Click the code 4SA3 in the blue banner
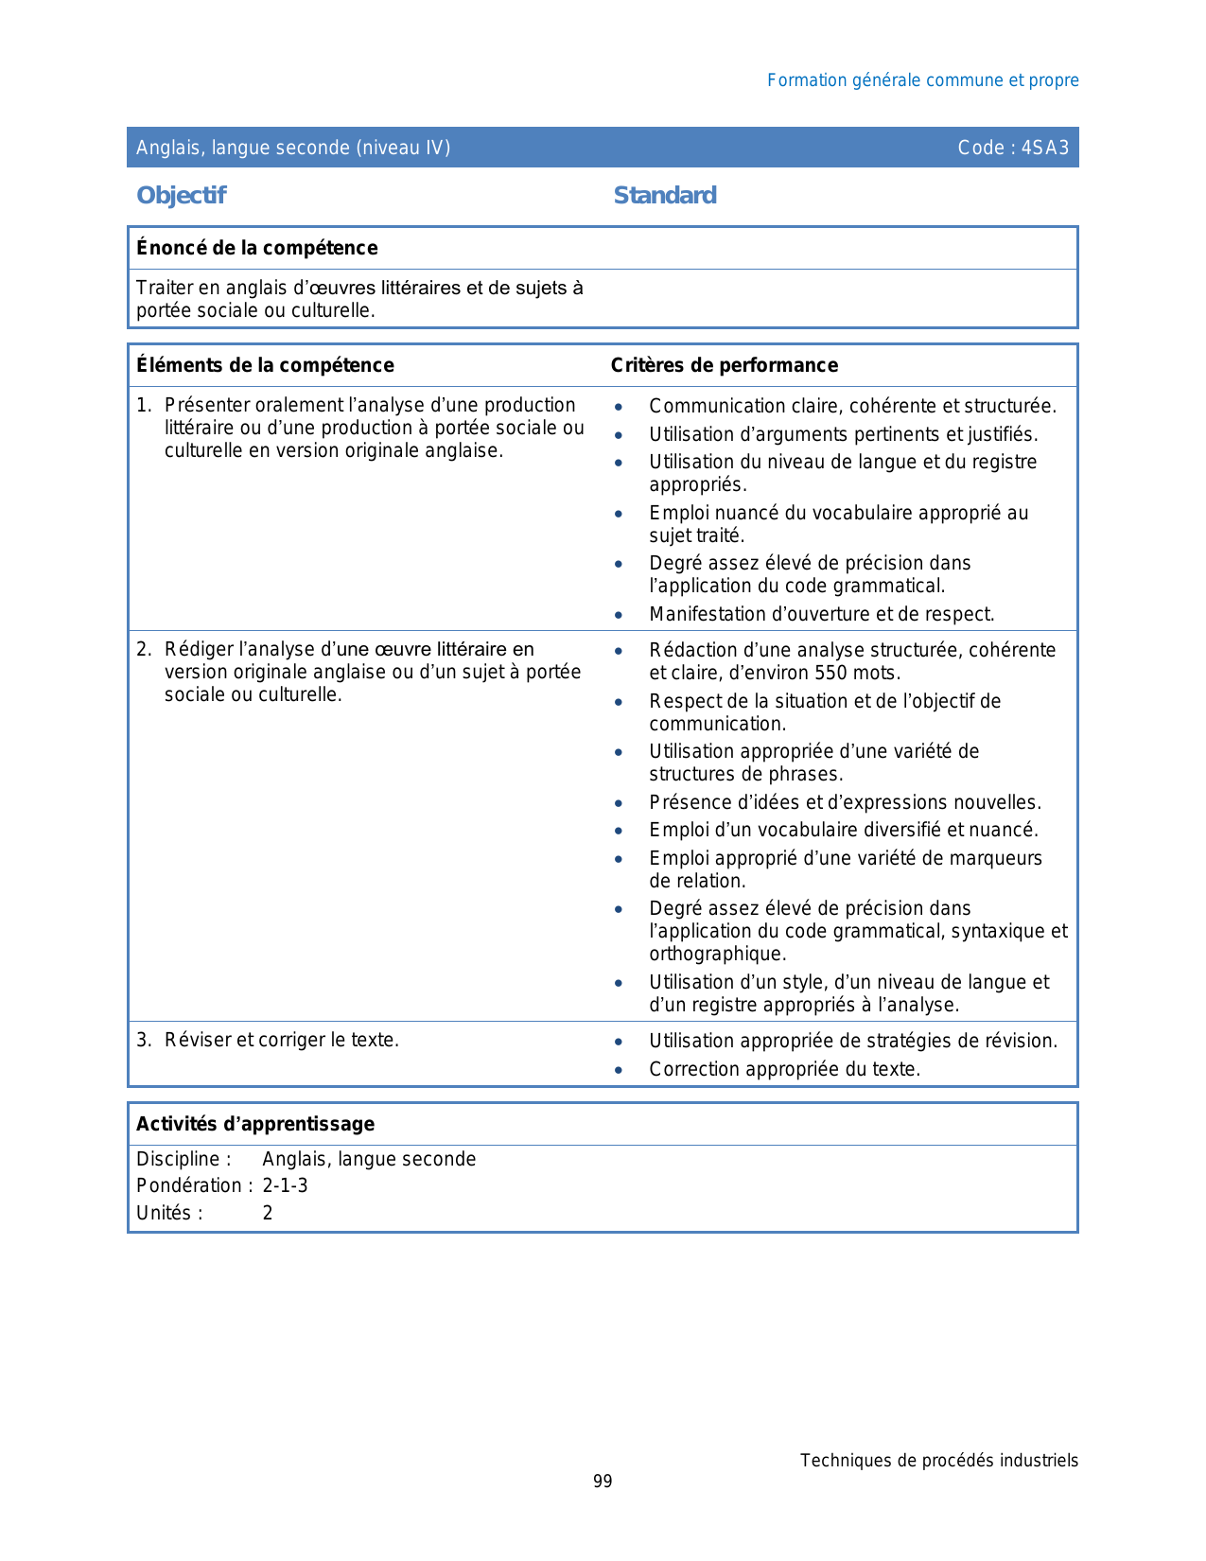[1044, 148]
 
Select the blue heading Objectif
[182, 196]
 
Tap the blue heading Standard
[665, 196]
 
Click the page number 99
[603, 1482]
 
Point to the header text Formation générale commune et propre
[922, 80]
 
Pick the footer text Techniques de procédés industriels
[938, 1461]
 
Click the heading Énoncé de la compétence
[256, 248]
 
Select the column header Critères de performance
[724, 365]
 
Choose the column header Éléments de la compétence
[265, 365]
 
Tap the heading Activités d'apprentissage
[255, 1124]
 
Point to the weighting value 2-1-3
[285, 1186]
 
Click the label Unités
[168, 1214]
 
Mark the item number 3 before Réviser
[143, 1041]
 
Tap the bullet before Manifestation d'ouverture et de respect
[619, 615]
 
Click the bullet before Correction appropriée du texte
[619, 1070]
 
